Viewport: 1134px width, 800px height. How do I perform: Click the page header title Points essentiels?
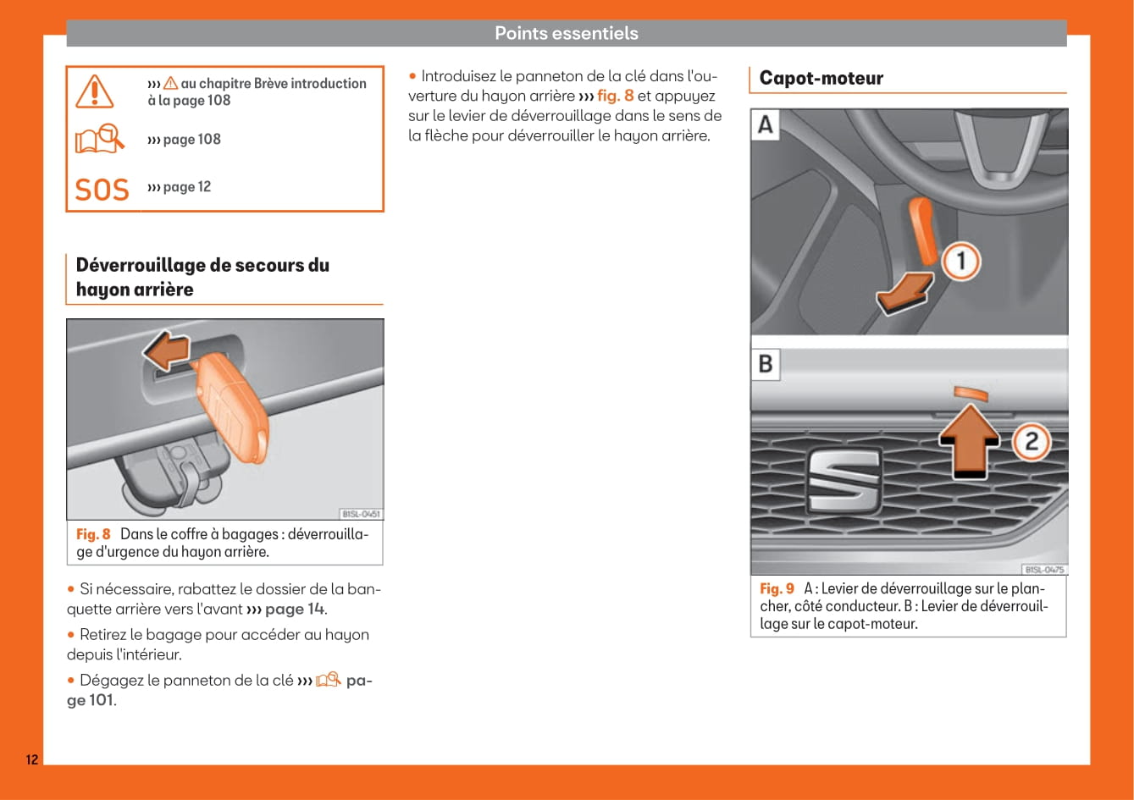(566, 33)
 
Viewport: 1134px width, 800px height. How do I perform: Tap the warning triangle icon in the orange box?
(94, 91)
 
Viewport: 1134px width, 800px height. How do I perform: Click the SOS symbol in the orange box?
(102, 190)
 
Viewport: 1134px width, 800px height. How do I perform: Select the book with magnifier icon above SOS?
(98, 139)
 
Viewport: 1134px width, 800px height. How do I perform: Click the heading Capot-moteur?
(821, 78)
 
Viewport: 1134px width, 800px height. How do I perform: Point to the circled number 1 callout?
(960, 262)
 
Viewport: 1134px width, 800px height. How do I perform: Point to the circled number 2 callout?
(1031, 441)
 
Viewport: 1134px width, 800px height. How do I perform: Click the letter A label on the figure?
(766, 125)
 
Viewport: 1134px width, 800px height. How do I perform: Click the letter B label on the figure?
(766, 364)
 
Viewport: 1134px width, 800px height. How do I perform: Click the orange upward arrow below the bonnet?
(970, 440)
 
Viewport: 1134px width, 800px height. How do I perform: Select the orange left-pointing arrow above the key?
(167, 350)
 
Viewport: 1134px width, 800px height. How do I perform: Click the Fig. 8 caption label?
(93, 534)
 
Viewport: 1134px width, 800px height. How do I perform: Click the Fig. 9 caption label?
(777, 588)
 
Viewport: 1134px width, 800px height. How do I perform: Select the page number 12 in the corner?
(31, 759)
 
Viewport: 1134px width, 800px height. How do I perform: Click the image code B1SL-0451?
(361, 514)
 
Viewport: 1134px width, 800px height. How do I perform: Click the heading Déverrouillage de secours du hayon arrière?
(202, 277)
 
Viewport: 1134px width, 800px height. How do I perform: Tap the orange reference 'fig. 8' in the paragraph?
(615, 96)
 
